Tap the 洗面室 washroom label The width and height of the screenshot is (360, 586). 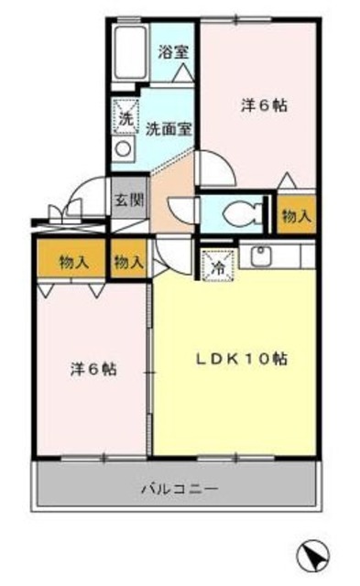[169, 128]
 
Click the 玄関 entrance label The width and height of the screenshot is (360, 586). [128, 201]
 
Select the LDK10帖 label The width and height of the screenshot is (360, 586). [243, 359]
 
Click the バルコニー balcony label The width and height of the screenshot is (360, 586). [179, 490]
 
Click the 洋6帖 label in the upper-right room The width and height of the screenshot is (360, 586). [264, 105]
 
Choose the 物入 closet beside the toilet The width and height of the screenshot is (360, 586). [296, 216]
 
